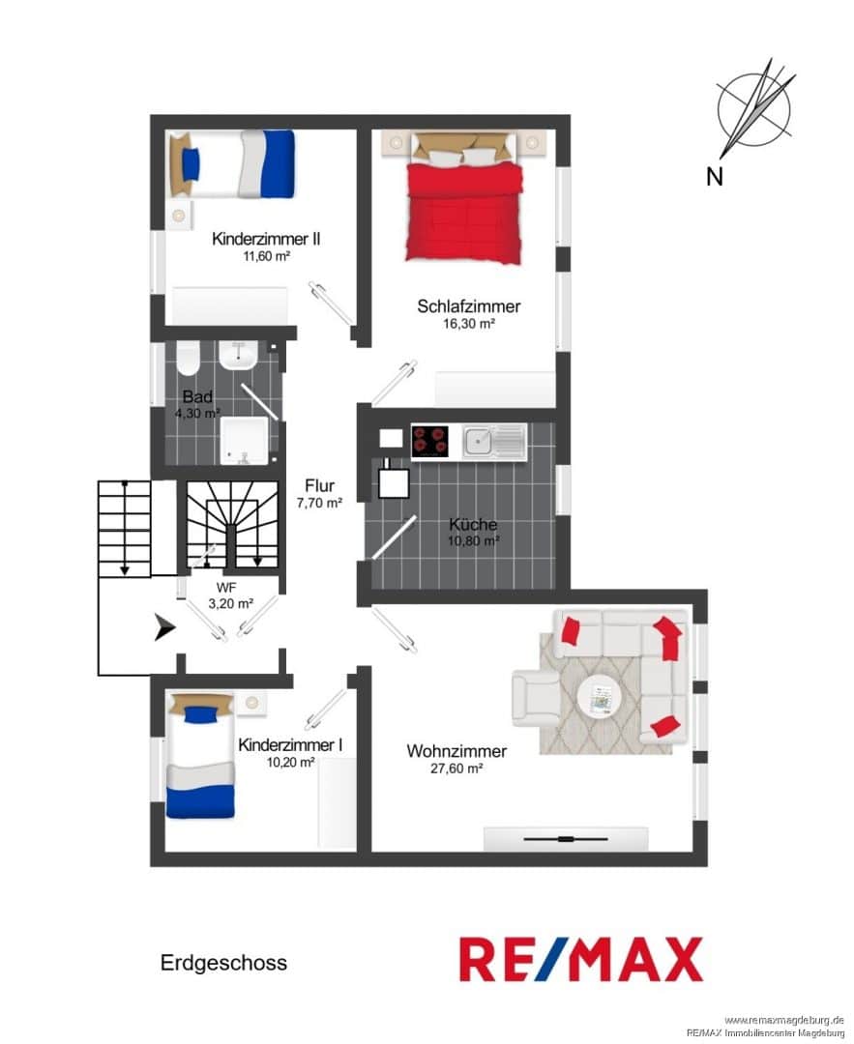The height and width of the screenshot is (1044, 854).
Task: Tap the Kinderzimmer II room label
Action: (x=266, y=239)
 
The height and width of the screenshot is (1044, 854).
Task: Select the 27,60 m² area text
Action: (x=456, y=768)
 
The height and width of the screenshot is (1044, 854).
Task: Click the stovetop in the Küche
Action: (x=429, y=442)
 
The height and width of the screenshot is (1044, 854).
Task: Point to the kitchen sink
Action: (x=493, y=442)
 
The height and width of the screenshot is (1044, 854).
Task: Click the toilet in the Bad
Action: (x=188, y=360)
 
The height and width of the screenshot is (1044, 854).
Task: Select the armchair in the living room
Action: (x=536, y=698)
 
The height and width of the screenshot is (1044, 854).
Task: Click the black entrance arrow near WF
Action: (x=164, y=628)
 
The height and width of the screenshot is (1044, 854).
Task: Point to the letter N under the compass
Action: (x=715, y=177)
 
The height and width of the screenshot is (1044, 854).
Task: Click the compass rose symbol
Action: (x=755, y=107)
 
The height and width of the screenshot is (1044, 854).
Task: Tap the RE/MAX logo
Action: (x=581, y=960)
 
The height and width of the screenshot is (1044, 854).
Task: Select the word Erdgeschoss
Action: (x=223, y=963)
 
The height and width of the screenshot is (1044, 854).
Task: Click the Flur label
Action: (x=320, y=485)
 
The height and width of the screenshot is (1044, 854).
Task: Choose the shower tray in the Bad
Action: (x=244, y=441)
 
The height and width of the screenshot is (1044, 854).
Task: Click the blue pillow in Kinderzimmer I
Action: (x=200, y=714)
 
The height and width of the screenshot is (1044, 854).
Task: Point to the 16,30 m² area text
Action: (x=469, y=324)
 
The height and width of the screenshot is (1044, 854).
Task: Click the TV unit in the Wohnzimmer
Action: (x=566, y=839)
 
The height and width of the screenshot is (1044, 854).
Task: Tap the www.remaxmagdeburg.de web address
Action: (x=784, y=1020)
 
